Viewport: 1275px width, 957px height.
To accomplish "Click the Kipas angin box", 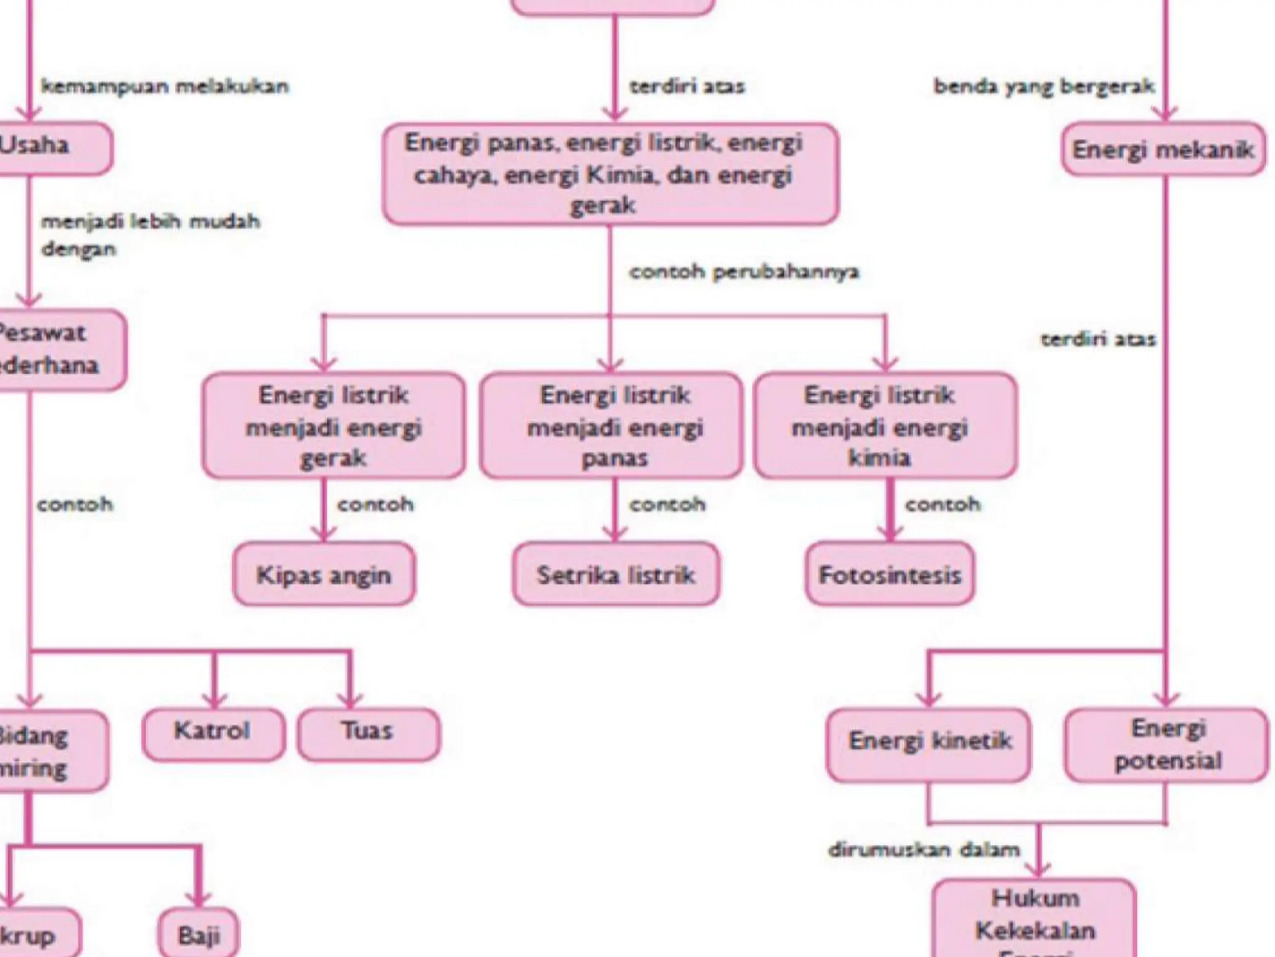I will [x=324, y=574].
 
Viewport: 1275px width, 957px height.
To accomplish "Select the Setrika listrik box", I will [x=616, y=574].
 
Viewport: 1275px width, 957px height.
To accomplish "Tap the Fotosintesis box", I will [x=890, y=574].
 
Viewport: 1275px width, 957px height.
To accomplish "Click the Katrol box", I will [x=213, y=734].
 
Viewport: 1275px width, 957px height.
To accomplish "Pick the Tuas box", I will [x=368, y=734].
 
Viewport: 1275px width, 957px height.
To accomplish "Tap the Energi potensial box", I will [x=1166, y=745].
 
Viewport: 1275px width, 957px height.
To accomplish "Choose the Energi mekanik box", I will [x=1163, y=150].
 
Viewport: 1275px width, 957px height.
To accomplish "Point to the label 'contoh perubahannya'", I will [x=744, y=272].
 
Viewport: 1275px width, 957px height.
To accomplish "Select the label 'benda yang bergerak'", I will [x=1044, y=86].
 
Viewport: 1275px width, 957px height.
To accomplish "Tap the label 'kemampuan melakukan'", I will [x=165, y=86].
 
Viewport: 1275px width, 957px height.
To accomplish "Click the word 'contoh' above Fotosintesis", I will [x=943, y=504].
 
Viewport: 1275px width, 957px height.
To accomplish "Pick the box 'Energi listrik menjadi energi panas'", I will [x=612, y=426].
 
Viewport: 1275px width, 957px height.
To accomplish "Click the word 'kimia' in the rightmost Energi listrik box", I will [x=879, y=458].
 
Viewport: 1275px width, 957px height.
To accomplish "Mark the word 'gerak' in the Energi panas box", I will [x=603, y=206].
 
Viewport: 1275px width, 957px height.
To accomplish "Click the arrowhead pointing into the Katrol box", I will [x=214, y=700].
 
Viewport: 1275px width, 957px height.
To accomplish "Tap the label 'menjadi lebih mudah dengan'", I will [x=149, y=235].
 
